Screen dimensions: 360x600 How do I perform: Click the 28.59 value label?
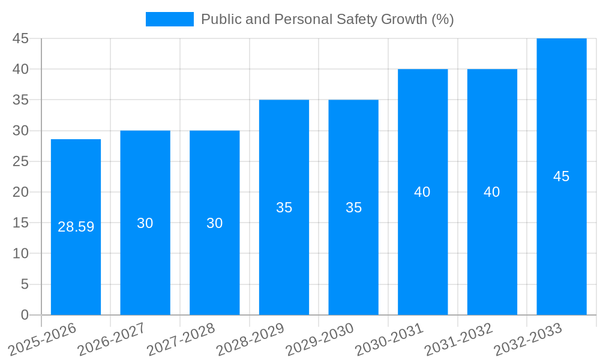click(76, 227)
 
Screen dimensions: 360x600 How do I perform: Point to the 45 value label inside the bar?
click(561, 176)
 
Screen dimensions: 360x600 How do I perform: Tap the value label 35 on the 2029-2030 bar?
click(353, 208)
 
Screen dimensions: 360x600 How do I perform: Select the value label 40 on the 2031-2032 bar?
click(492, 192)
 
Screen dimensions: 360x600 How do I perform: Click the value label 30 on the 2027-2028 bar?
click(214, 223)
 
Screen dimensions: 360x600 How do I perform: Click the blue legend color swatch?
click(169, 19)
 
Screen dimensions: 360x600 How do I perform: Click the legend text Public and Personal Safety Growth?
click(327, 19)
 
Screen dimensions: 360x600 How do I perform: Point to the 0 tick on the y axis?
click(25, 315)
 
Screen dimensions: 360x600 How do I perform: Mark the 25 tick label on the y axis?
click(20, 161)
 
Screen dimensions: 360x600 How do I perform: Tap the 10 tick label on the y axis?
click(20, 253)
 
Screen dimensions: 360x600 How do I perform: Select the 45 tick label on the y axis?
click(20, 38)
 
